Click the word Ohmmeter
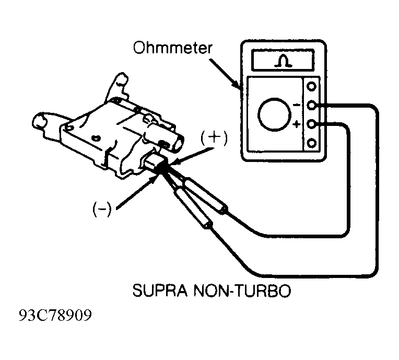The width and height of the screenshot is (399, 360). point(172,48)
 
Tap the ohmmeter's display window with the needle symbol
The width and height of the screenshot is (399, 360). point(283,60)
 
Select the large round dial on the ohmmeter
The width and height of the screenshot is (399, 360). point(275,114)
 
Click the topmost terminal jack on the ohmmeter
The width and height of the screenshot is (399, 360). point(311,86)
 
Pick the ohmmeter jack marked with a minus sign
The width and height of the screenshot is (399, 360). point(311,104)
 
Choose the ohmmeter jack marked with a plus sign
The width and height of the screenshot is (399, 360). point(311,124)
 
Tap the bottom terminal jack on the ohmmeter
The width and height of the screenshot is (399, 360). point(311,143)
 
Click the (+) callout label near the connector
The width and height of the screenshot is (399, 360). point(214,138)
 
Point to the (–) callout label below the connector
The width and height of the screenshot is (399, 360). point(102,209)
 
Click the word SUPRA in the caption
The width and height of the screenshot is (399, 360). point(160,291)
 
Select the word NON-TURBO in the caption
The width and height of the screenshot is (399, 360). point(242,291)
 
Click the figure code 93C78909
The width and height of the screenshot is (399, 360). point(55,315)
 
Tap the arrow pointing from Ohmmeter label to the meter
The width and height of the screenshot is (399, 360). point(225,74)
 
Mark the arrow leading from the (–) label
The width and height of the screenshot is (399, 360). point(137,192)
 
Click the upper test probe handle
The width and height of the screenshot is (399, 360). point(205,195)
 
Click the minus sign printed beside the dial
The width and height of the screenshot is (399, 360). point(297,104)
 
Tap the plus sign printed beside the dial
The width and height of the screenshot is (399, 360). point(296,124)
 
